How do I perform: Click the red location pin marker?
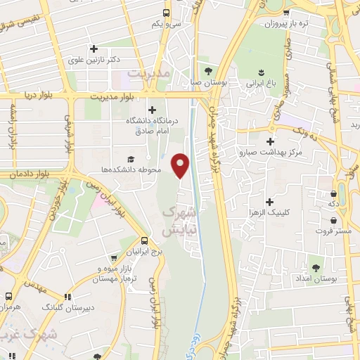click(181, 165)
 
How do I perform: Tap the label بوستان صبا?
click(210, 82)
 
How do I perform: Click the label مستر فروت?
click(330, 231)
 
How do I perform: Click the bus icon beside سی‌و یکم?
click(166, 12)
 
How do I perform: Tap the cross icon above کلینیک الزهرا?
click(270, 182)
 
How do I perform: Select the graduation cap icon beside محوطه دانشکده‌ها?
click(131, 160)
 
